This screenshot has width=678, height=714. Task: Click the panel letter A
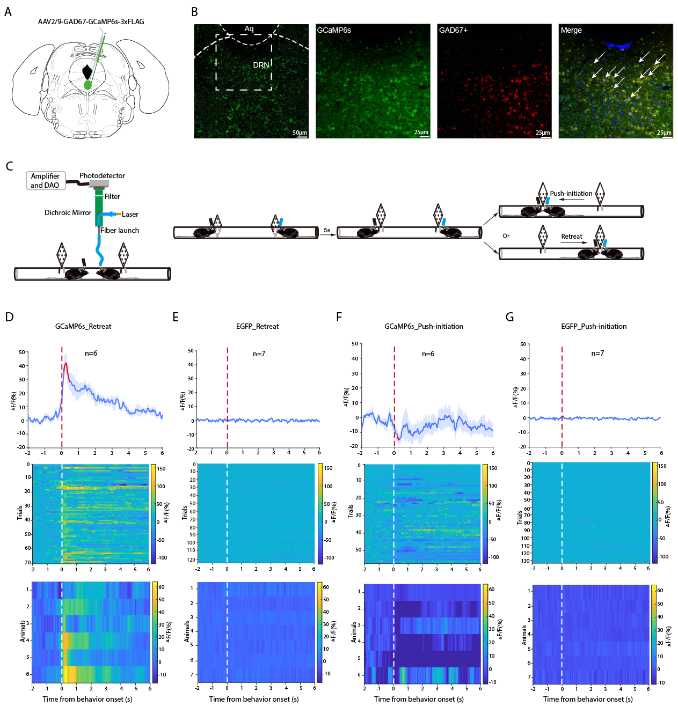point(8,12)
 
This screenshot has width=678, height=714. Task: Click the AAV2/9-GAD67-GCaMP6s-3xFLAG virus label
point(91,22)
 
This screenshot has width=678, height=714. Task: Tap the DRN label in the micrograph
point(261,65)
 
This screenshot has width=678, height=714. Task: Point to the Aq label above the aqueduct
point(249,29)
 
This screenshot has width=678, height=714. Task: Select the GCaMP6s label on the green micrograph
point(334,31)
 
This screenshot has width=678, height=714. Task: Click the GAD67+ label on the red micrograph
point(453,31)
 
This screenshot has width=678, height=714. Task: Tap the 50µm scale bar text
point(300,133)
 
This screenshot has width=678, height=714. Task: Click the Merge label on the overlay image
point(571,31)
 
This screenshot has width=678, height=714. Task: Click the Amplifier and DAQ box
point(46,181)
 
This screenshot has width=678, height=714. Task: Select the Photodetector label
point(102,176)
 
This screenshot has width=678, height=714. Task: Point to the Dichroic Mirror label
point(68,213)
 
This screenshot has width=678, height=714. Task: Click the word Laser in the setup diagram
point(130,215)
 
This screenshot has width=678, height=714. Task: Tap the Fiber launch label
point(120,231)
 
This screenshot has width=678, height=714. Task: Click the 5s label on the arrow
point(327,231)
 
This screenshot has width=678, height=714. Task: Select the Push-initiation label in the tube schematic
point(571,194)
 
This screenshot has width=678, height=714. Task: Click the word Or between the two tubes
point(506,236)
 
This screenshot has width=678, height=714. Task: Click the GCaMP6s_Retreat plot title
point(83,326)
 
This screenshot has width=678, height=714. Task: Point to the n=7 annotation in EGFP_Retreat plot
point(259,354)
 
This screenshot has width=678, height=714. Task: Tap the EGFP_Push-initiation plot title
point(594,326)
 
